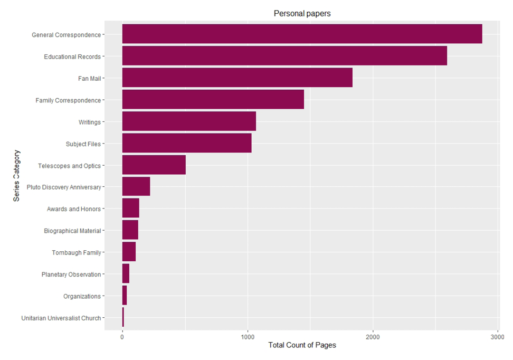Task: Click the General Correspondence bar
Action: pos(302,34)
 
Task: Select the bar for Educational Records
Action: pos(284,56)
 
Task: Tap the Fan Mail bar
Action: pos(237,78)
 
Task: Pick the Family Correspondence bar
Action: pos(213,100)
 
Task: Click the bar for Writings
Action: pos(189,121)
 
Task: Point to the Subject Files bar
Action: pos(187,144)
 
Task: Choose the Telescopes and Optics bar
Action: pos(154,165)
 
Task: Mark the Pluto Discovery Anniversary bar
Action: pos(136,187)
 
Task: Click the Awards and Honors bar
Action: pos(130,209)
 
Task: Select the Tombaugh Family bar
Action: pos(129,252)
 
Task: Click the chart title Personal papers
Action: pos(302,14)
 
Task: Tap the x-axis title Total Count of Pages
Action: pos(302,345)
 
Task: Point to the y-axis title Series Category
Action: pos(17,176)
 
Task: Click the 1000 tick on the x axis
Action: pos(248,336)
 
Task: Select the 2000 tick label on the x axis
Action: pos(373,336)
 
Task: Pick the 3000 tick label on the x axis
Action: pos(498,336)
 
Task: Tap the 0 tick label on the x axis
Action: pos(122,336)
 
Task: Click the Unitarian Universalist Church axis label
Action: pos(61,318)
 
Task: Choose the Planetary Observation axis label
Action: pos(71,274)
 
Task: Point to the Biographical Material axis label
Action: pos(72,231)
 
